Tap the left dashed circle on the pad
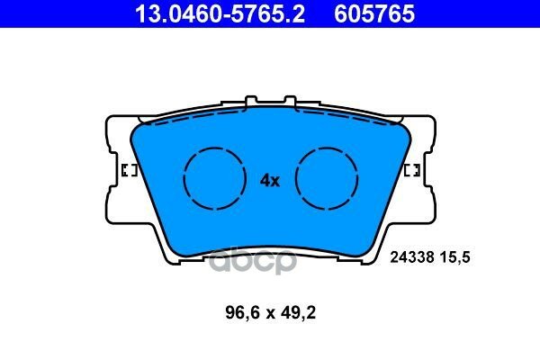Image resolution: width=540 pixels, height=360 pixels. click(214, 178)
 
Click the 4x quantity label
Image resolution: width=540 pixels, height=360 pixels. click(270, 180)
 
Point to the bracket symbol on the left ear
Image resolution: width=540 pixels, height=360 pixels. click(127, 171)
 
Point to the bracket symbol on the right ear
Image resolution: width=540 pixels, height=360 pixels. click(412, 171)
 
